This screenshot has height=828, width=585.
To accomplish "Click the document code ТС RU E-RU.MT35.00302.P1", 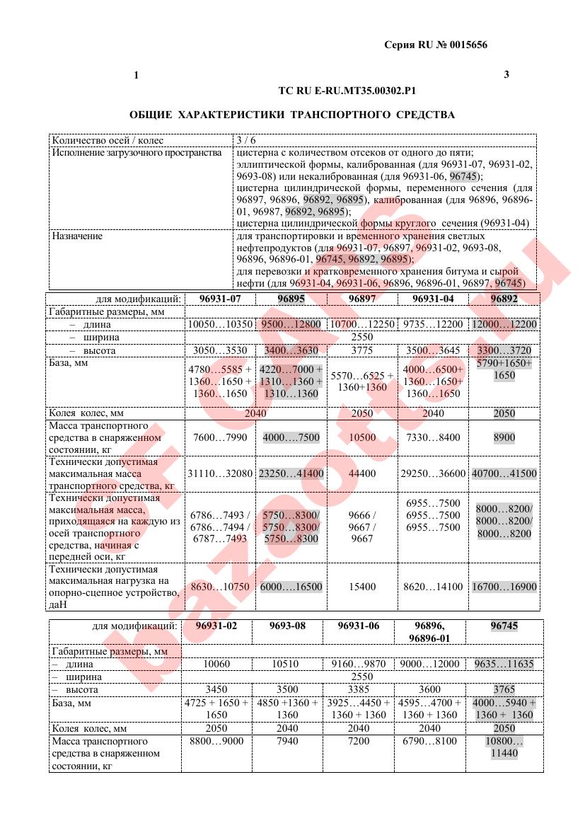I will (347, 91).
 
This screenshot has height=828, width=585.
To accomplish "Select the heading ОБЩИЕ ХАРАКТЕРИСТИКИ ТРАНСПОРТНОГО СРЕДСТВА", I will (292, 115).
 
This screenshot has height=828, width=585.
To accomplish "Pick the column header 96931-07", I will (220, 299).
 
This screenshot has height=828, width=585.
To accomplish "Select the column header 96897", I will (361, 299).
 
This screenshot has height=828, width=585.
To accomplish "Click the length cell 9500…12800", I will (291, 324).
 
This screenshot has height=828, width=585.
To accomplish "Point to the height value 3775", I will (361, 350).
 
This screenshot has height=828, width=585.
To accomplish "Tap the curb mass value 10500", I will (362, 438).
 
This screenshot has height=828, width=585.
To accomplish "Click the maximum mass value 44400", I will (362, 473).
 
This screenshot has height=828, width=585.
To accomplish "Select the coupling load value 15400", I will (362, 587).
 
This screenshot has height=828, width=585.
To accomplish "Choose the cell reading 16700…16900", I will (504, 587).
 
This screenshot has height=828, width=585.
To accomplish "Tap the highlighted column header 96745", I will (504, 626).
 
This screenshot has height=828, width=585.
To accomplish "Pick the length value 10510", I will (287, 664).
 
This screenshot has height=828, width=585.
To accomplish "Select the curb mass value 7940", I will (287, 741).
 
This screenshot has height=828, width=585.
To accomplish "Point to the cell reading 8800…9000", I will (217, 741).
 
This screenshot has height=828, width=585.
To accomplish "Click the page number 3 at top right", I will (506, 74).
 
